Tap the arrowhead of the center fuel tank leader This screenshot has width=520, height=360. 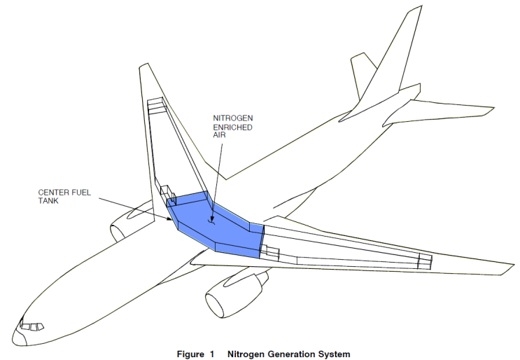click(x=174, y=219)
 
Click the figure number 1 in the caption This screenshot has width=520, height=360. click(x=210, y=354)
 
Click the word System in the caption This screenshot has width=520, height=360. click(x=332, y=354)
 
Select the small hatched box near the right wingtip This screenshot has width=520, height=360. click(x=424, y=261)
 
